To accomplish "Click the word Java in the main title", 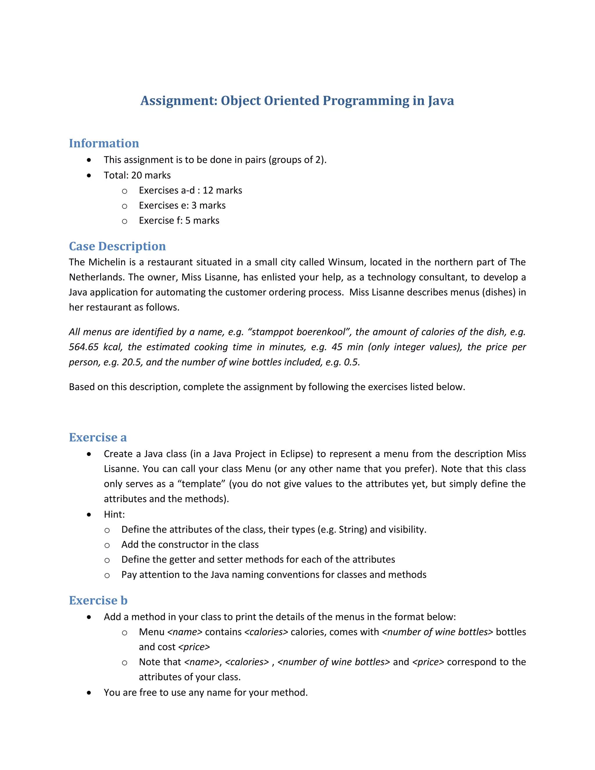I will (x=441, y=101).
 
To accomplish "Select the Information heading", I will (x=104, y=144).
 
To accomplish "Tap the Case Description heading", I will (x=117, y=246).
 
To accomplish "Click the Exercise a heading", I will (x=98, y=437).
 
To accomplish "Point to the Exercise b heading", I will (x=98, y=600).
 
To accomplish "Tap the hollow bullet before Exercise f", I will (x=124, y=221).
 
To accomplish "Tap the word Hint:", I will (x=114, y=514).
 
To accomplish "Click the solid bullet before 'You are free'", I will (x=89, y=693).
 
